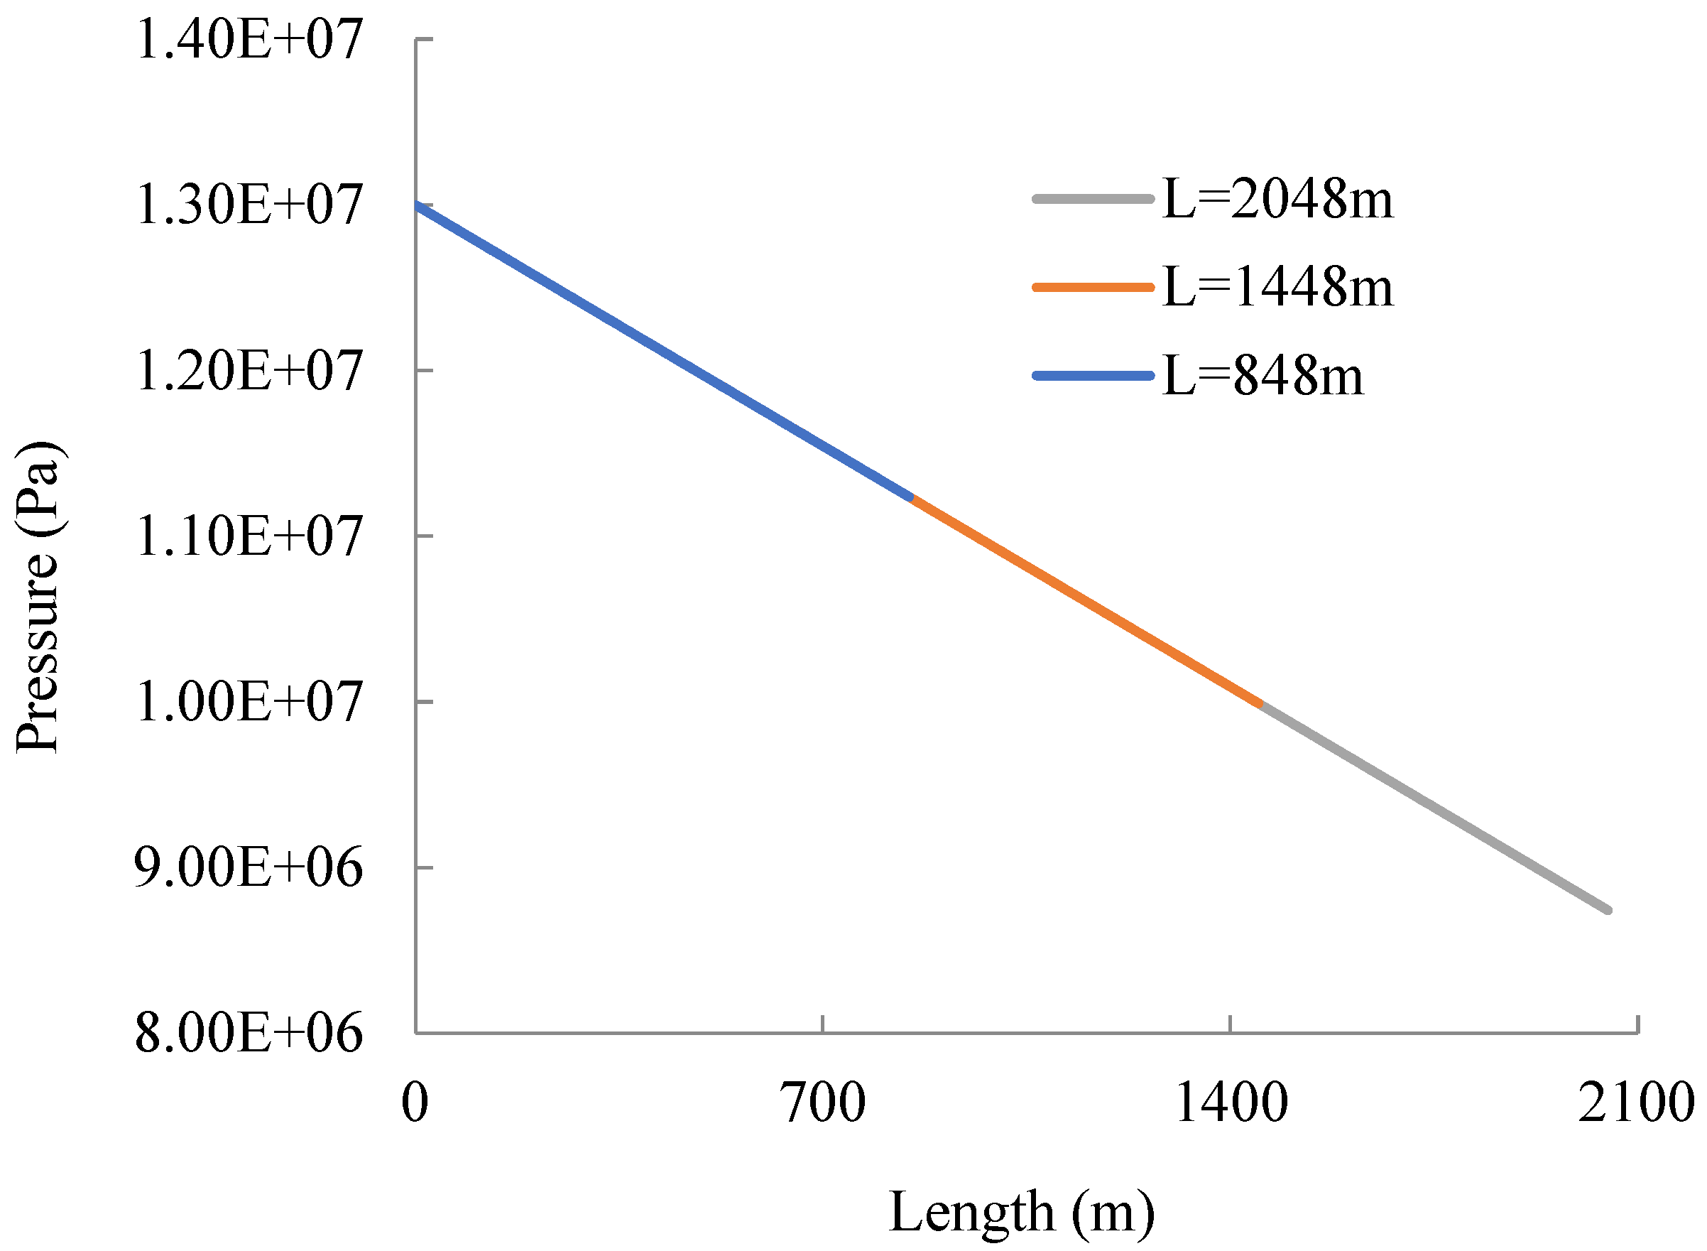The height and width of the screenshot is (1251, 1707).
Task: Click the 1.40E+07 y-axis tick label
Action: point(249,40)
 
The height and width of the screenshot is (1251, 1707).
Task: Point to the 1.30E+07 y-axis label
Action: point(249,205)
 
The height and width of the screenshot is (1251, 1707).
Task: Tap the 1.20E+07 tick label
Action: point(249,371)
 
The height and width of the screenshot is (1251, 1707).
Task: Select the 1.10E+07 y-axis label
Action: point(249,537)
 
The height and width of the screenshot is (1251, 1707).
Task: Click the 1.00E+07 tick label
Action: point(249,702)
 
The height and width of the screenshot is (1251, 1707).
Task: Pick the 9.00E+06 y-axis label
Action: point(249,868)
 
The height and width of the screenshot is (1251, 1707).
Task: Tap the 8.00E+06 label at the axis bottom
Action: point(249,1033)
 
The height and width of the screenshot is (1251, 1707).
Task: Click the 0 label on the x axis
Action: point(415,1103)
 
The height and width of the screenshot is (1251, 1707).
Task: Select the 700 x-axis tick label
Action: point(823,1103)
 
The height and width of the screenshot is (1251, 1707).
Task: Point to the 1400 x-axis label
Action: point(1231,1103)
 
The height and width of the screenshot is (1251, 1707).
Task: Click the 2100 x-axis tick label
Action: point(1636,1103)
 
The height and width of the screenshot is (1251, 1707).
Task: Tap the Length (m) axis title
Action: point(1021,1213)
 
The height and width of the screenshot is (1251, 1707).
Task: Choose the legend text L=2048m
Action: point(1277,200)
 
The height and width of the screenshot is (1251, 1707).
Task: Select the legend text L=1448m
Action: point(1277,288)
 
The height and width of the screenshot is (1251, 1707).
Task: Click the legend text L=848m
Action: point(1262,377)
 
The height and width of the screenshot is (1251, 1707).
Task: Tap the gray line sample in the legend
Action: point(1092,199)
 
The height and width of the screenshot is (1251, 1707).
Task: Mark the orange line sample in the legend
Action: point(1092,288)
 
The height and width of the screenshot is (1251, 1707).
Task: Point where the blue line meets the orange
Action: point(912,497)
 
